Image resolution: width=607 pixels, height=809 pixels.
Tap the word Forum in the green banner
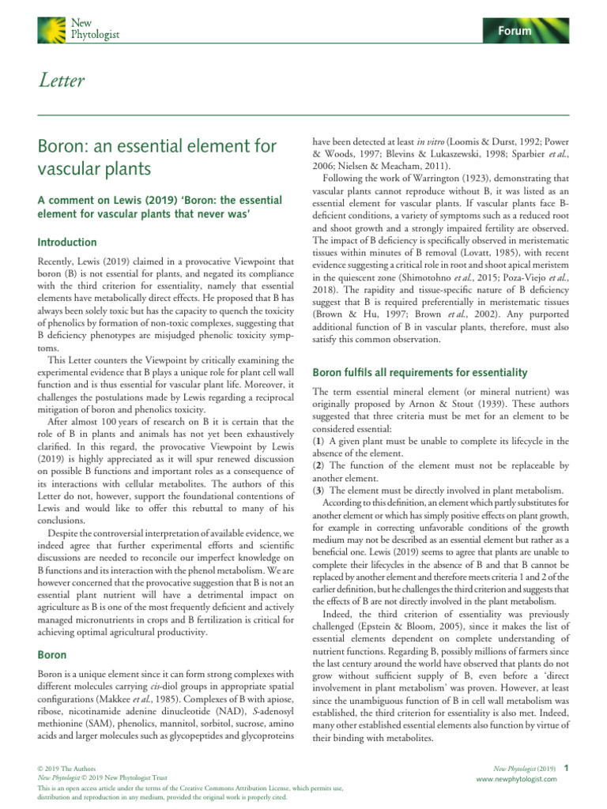pos(514,31)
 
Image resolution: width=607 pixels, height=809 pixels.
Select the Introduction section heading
pos(68,243)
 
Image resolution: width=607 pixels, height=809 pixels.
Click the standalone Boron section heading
pos(52,654)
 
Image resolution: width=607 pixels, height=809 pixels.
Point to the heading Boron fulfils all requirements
pos(413,371)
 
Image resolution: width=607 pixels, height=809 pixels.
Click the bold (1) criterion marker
pos(319,440)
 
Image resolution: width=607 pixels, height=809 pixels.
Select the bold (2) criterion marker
pos(319,466)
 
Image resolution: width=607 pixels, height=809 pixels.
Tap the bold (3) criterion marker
pos(319,491)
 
